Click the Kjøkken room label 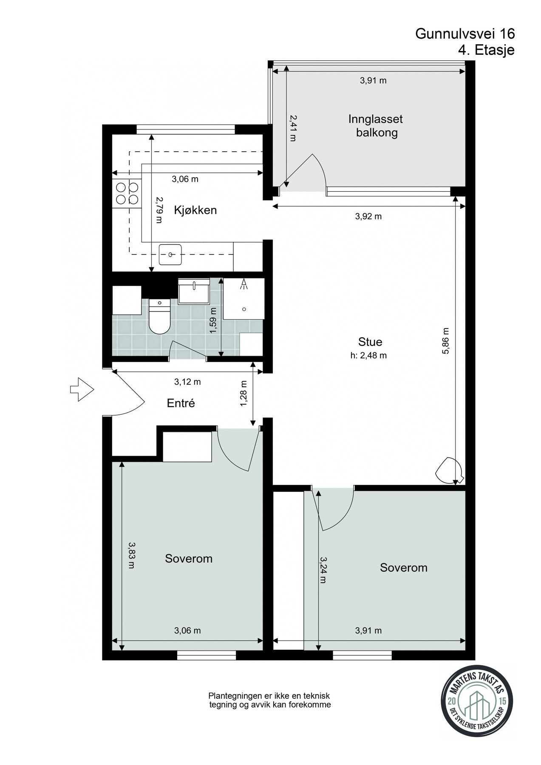coord(195,210)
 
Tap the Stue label coord(370,342)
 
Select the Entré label coord(181,403)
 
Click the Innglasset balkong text coord(372,126)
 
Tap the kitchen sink coord(170,255)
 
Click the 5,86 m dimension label coord(445,340)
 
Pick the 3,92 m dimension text coord(368,216)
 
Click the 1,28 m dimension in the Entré coord(244,393)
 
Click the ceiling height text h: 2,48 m coord(368,356)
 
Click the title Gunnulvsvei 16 coord(465,34)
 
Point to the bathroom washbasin coord(194,292)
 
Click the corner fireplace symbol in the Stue coord(449,470)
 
